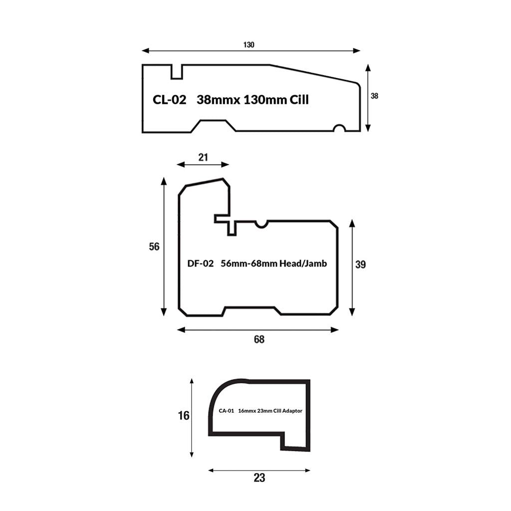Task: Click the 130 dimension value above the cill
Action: pyautogui.click(x=249, y=44)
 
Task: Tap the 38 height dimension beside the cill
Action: pyautogui.click(x=374, y=96)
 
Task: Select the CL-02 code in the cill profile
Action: pyautogui.click(x=170, y=100)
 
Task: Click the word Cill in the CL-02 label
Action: pyautogui.click(x=299, y=100)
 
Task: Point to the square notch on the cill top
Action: pyautogui.click(x=177, y=72)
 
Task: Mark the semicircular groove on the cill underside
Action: pyautogui.click(x=339, y=128)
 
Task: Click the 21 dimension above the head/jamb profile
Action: pyautogui.click(x=203, y=157)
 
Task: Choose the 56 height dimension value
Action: pyautogui.click(x=154, y=247)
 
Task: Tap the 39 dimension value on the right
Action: pyautogui.click(x=360, y=264)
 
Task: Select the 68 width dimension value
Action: pyautogui.click(x=259, y=339)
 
